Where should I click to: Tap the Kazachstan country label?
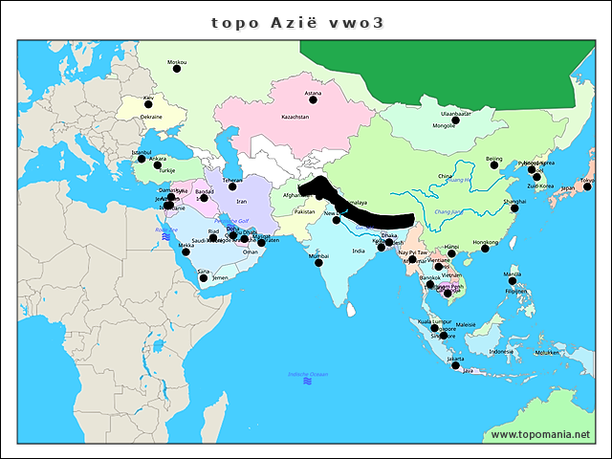point(295,117)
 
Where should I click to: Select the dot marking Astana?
point(313,99)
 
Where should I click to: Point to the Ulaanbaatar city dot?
point(455,120)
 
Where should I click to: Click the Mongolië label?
point(444,125)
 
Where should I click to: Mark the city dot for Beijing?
point(493,165)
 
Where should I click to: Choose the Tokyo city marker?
point(586,186)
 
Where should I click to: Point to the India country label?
point(358,251)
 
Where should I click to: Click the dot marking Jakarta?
point(456,365)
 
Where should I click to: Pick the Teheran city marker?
point(232,186)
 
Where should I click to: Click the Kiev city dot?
point(148,104)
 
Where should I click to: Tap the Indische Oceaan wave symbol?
point(307,381)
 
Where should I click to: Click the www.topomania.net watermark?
point(540,435)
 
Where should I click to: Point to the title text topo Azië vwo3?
point(296,23)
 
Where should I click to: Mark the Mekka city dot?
point(186,251)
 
